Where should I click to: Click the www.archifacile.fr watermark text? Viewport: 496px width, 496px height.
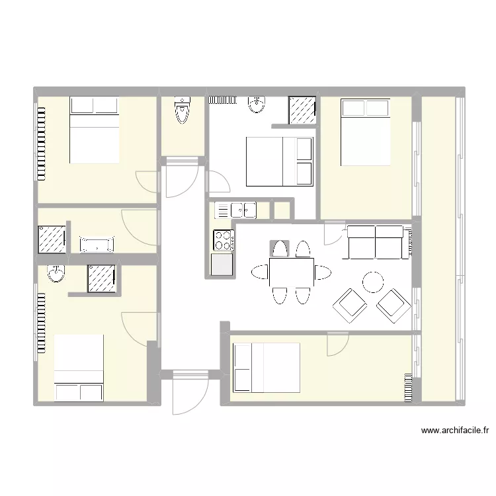(x=454, y=431)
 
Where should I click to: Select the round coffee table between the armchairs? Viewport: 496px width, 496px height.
(x=373, y=282)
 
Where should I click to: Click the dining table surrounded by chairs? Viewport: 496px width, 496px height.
(x=291, y=272)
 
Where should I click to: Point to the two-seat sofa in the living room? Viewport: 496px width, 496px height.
(x=376, y=242)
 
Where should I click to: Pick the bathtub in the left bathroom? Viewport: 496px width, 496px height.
(x=97, y=244)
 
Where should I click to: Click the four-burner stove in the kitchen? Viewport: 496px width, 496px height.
(x=223, y=239)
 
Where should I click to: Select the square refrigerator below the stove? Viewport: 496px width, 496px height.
(x=222, y=265)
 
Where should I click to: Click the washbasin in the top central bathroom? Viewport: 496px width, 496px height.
(x=257, y=104)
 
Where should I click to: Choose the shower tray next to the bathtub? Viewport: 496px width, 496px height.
(x=52, y=239)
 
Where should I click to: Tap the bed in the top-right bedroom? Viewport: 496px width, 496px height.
(x=365, y=132)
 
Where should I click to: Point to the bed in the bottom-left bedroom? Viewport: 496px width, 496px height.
(x=79, y=368)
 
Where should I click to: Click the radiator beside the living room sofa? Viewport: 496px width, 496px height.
(x=413, y=242)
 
